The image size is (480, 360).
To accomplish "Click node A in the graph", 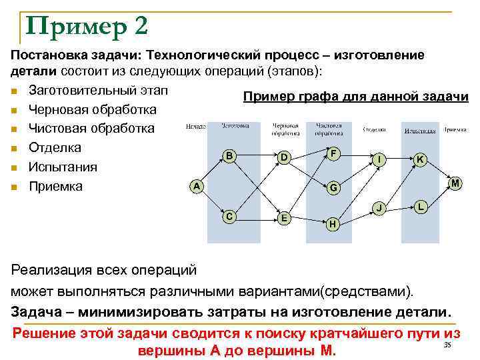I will (196, 187).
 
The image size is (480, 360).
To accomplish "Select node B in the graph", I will (229, 156).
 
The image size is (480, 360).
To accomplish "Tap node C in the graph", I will (229, 216).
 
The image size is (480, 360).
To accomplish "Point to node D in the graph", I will (284, 158).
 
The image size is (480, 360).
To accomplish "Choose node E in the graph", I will (285, 218).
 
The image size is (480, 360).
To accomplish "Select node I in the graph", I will (379, 160).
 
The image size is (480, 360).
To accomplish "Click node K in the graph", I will (420, 159).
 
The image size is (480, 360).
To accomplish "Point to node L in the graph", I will (420, 207).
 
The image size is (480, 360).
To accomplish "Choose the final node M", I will (455, 183).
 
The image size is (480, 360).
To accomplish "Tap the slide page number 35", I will (447, 344).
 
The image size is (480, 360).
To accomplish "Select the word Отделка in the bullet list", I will (55, 147).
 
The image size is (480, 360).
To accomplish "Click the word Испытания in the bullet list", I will (63, 167).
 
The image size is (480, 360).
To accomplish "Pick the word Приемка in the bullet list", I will (55, 186).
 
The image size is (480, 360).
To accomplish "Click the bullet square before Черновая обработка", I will (14, 109).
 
